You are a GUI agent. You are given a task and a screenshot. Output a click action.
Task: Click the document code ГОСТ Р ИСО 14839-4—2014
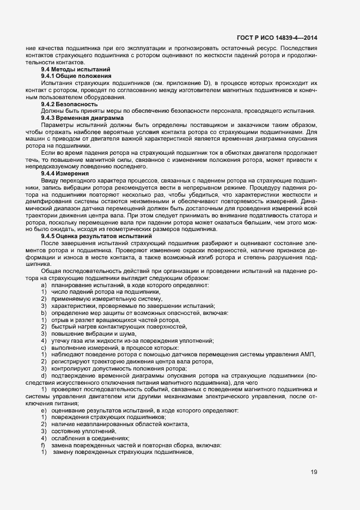[x=277, y=37]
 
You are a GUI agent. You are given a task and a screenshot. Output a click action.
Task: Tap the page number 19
[x=314, y=472]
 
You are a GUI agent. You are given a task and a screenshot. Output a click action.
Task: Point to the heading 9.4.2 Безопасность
[x=70, y=104]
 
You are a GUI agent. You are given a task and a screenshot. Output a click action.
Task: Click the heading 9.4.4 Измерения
[x=65, y=173]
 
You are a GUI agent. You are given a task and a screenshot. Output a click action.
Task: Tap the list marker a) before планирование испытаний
[x=43, y=285]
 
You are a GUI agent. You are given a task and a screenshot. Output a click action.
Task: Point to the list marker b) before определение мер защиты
[x=43, y=313]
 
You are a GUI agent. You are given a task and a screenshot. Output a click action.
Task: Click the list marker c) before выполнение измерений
[x=43, y=348]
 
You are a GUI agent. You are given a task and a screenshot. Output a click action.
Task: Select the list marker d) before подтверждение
[x=43, y=375]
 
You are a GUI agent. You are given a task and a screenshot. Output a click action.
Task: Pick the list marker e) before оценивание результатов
[x=43, y=410]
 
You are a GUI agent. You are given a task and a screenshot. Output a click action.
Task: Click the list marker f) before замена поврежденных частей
[x=43, y=445]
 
